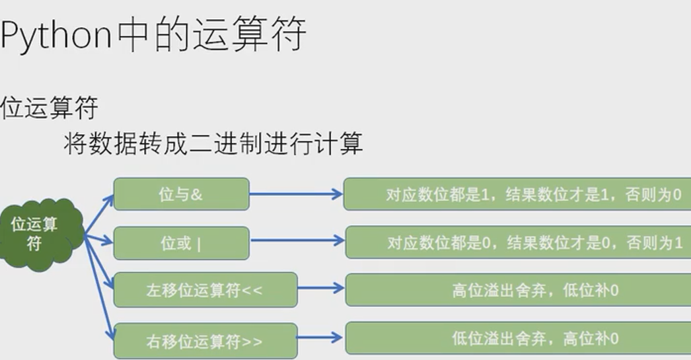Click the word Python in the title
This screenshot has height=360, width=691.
point(56,35)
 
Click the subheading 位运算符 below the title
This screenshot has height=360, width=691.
point(49,108)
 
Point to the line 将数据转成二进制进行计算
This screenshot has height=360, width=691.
point(213,143)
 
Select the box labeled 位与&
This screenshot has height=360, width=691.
point(181,194)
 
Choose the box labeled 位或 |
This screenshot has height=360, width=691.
point(181,243)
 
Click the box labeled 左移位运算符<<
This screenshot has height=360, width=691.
point(205,290)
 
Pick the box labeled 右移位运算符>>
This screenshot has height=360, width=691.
point(205,341)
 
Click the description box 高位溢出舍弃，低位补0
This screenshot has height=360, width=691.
point(517,290)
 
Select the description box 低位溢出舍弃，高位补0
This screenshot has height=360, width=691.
point(517,339)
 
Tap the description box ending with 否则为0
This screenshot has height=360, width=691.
point(517,195)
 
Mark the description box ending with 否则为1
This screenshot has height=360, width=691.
point(517,242)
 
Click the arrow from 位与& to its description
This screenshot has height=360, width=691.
point(295,195)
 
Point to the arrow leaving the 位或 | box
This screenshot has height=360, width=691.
point(297,241)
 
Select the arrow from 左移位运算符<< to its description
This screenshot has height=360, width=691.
point(321,288)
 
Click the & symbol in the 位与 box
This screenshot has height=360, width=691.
point(197,195)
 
